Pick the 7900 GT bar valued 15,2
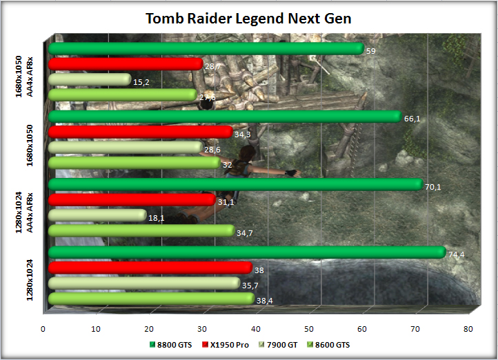click(90, 79)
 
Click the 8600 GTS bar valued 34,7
click(141, 231)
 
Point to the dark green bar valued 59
click(206, 48)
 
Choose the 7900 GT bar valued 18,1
click(97, 216)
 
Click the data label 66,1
click(412, 119)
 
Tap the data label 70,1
click(432, 187)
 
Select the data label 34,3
click(242, 134)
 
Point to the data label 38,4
click(265, 301)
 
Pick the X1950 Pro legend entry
click(225, 344)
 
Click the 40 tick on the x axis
click(255, 328)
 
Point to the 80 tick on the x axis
click(468, 328)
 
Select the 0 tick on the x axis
click(43, 328)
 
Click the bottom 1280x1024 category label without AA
click(23, 277)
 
